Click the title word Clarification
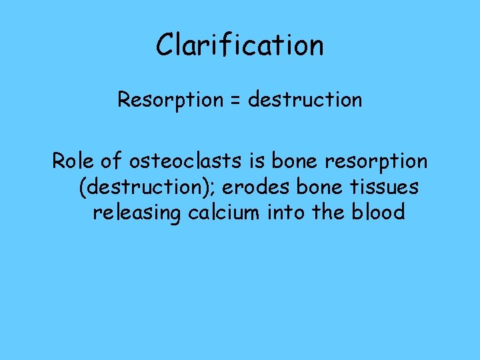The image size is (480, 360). coord(239,45)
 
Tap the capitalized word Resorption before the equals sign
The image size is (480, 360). coord(170,100)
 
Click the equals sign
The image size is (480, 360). coord(235,101)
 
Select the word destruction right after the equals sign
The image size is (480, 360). coord(305,100)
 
